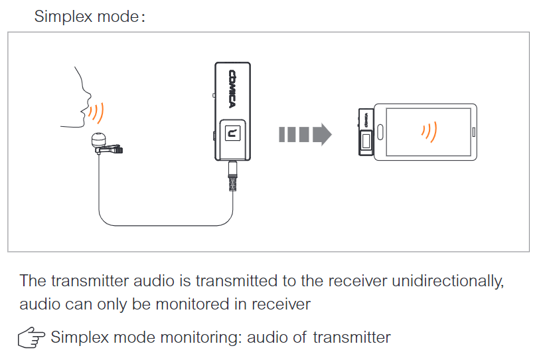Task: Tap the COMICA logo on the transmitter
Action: (234, 90)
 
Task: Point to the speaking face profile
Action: (76, 96)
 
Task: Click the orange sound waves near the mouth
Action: (98, 112)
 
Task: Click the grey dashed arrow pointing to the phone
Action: (305, 134)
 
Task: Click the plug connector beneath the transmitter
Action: (232, 179)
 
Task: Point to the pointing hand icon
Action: (31, 338)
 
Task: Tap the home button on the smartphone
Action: (473, 131)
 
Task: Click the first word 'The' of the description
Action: (33, 280)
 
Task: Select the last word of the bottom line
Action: (352, 337)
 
